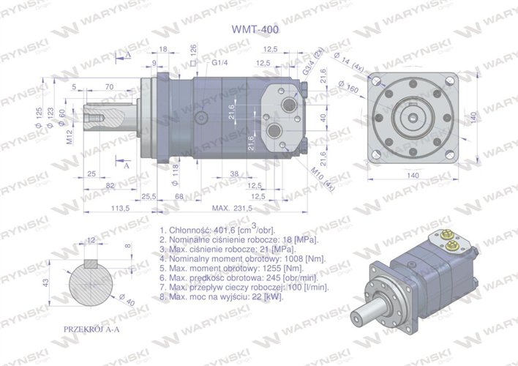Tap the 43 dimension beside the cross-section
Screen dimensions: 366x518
tap(45, 282)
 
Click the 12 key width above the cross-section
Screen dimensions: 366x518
tap(91, 240)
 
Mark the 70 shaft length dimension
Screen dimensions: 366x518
tap(109, 86)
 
